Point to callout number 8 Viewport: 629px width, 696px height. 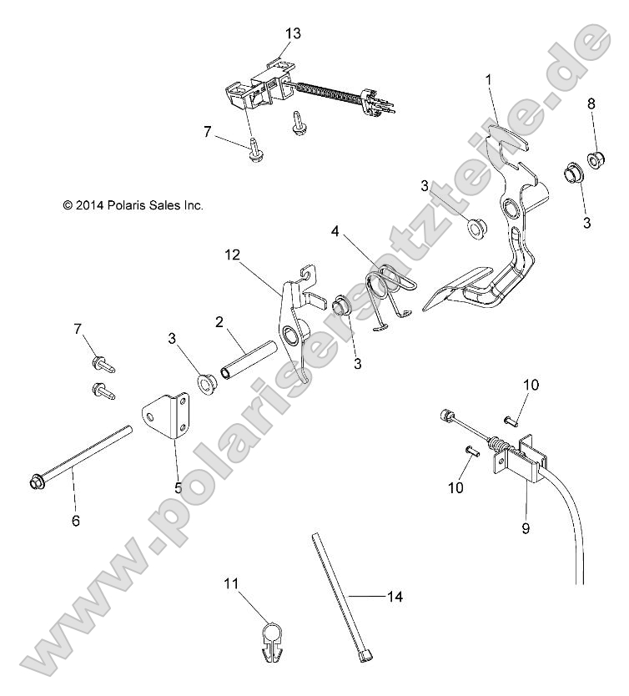click(x=591, y=103)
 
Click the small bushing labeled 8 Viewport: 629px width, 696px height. click(x=596, y=157)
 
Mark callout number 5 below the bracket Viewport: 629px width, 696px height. click(x=178, y=487)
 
